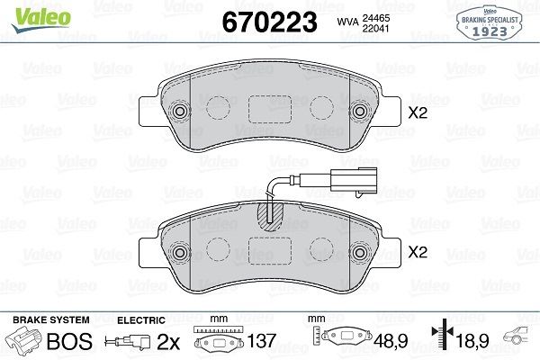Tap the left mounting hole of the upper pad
click(x=178, y=112)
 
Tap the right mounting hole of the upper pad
click(x=361, y=112)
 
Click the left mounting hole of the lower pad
click(x=178, y=251)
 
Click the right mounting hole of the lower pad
click(x=361, y=251)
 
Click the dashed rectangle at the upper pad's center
click(x=269, y=110)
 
